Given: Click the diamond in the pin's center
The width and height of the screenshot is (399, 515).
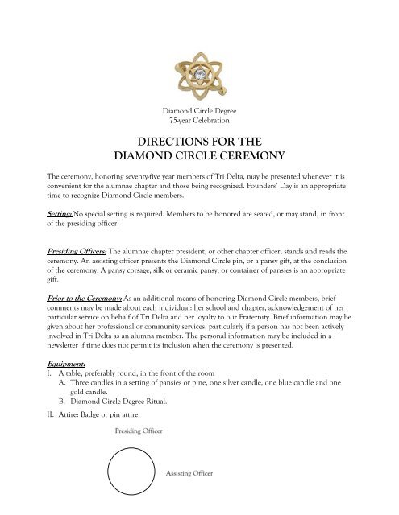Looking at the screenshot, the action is tap(198, 64).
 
